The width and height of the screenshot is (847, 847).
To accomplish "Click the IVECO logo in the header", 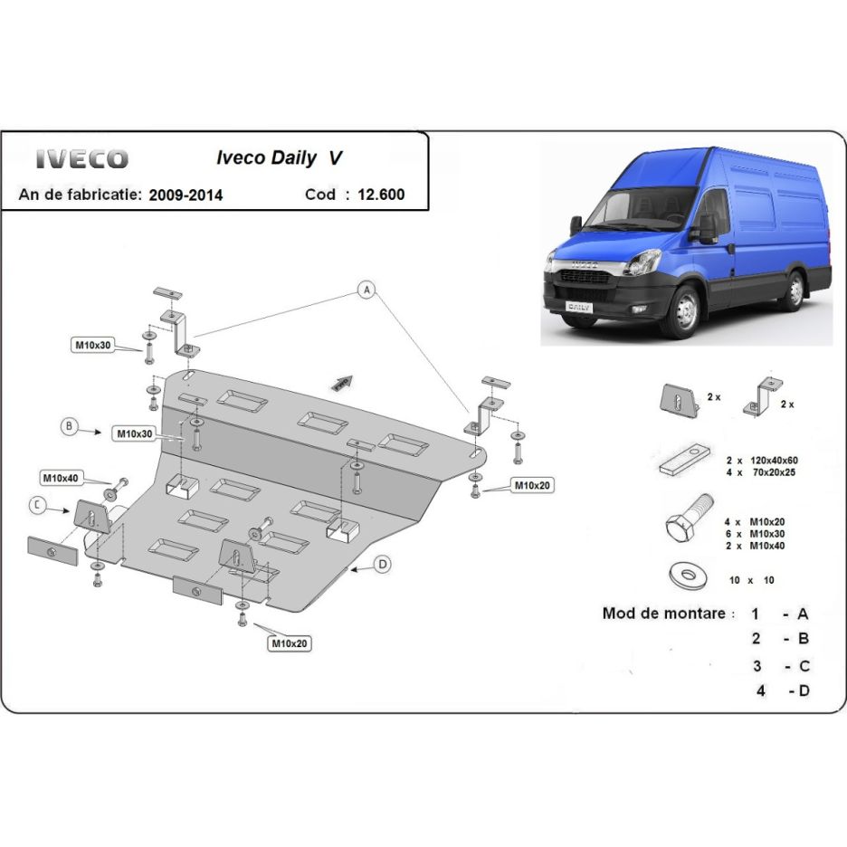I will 81,159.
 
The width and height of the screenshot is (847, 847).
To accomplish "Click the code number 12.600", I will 381,194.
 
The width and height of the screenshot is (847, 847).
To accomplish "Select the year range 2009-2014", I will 186,195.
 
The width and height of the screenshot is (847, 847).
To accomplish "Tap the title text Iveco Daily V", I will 279,157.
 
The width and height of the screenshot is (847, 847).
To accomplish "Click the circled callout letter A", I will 366,290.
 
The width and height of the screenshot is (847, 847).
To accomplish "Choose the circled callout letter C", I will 37,505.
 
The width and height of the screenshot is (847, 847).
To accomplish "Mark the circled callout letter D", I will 383,565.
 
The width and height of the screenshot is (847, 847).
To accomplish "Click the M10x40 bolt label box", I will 59,477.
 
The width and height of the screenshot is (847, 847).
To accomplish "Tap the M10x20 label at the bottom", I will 289,643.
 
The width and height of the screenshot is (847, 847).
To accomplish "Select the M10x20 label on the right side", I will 532,486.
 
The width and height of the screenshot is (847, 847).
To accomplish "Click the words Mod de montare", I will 664,614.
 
